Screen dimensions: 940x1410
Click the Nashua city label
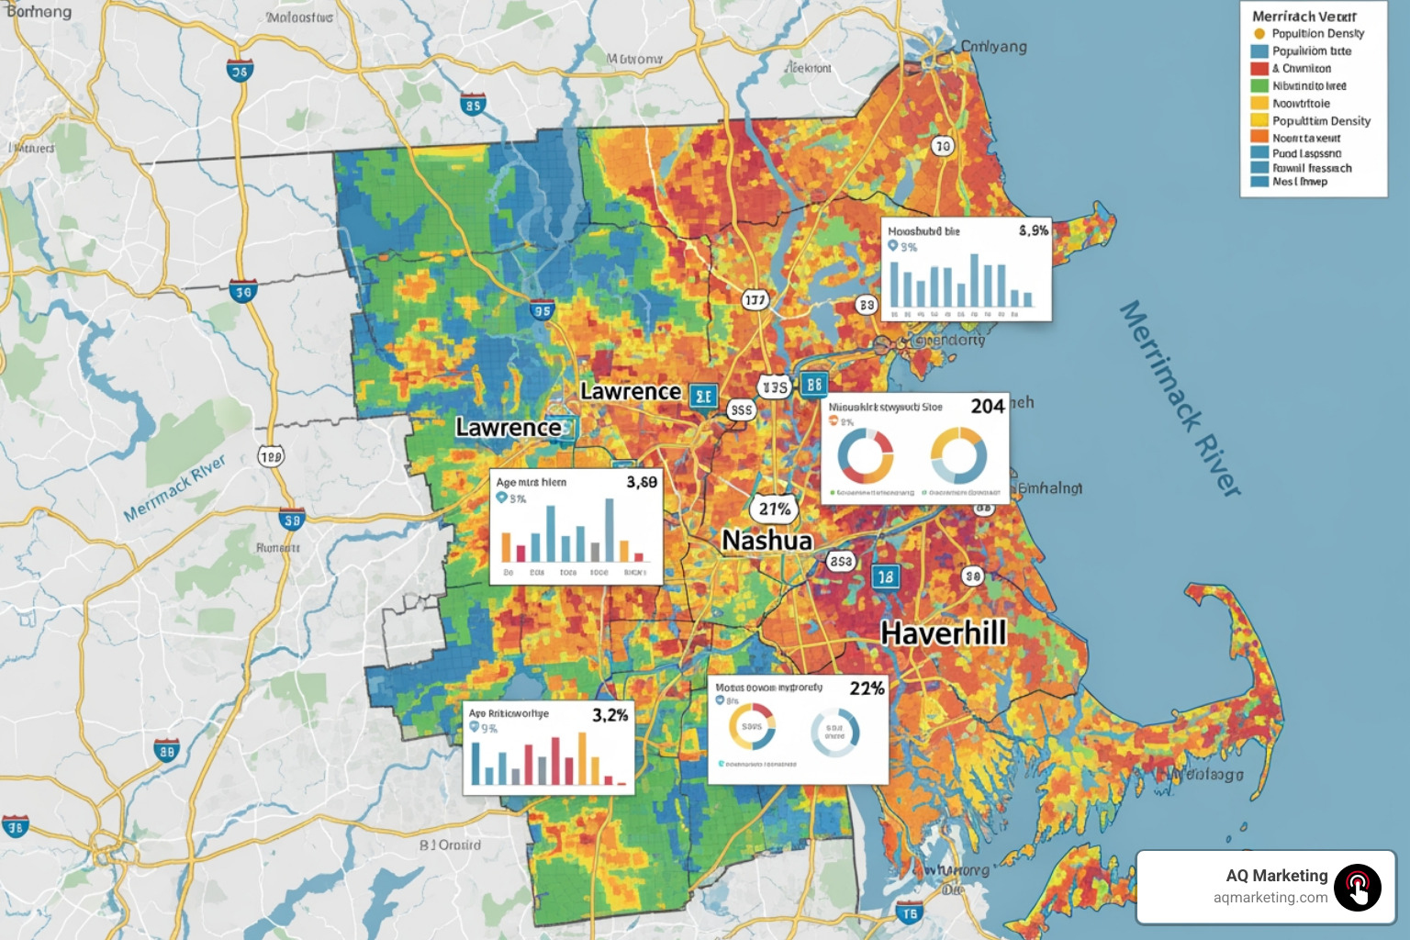[767, 541]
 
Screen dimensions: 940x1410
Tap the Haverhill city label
[944, 633]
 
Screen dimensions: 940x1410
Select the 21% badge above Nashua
[774, 509]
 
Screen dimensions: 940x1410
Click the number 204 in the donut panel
[988, 407]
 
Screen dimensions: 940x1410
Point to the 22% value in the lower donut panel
[867, 688]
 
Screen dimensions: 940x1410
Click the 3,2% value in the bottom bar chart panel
[610, 715]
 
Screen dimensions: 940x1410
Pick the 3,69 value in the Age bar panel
[642, 482]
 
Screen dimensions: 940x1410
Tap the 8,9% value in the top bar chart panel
[1034, 230]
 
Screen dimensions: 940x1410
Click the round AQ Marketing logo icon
[1358, 888]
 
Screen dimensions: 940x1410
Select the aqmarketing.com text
[1270, 898]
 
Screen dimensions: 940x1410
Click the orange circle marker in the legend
[1259, 34]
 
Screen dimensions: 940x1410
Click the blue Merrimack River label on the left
[174, 488]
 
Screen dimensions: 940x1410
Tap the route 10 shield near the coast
[943, 146]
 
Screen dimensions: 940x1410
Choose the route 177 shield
[755, 300]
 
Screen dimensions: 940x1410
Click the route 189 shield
[271, 456]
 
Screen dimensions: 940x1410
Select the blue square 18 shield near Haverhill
[885, 577]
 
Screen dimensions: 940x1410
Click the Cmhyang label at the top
[993, 47]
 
